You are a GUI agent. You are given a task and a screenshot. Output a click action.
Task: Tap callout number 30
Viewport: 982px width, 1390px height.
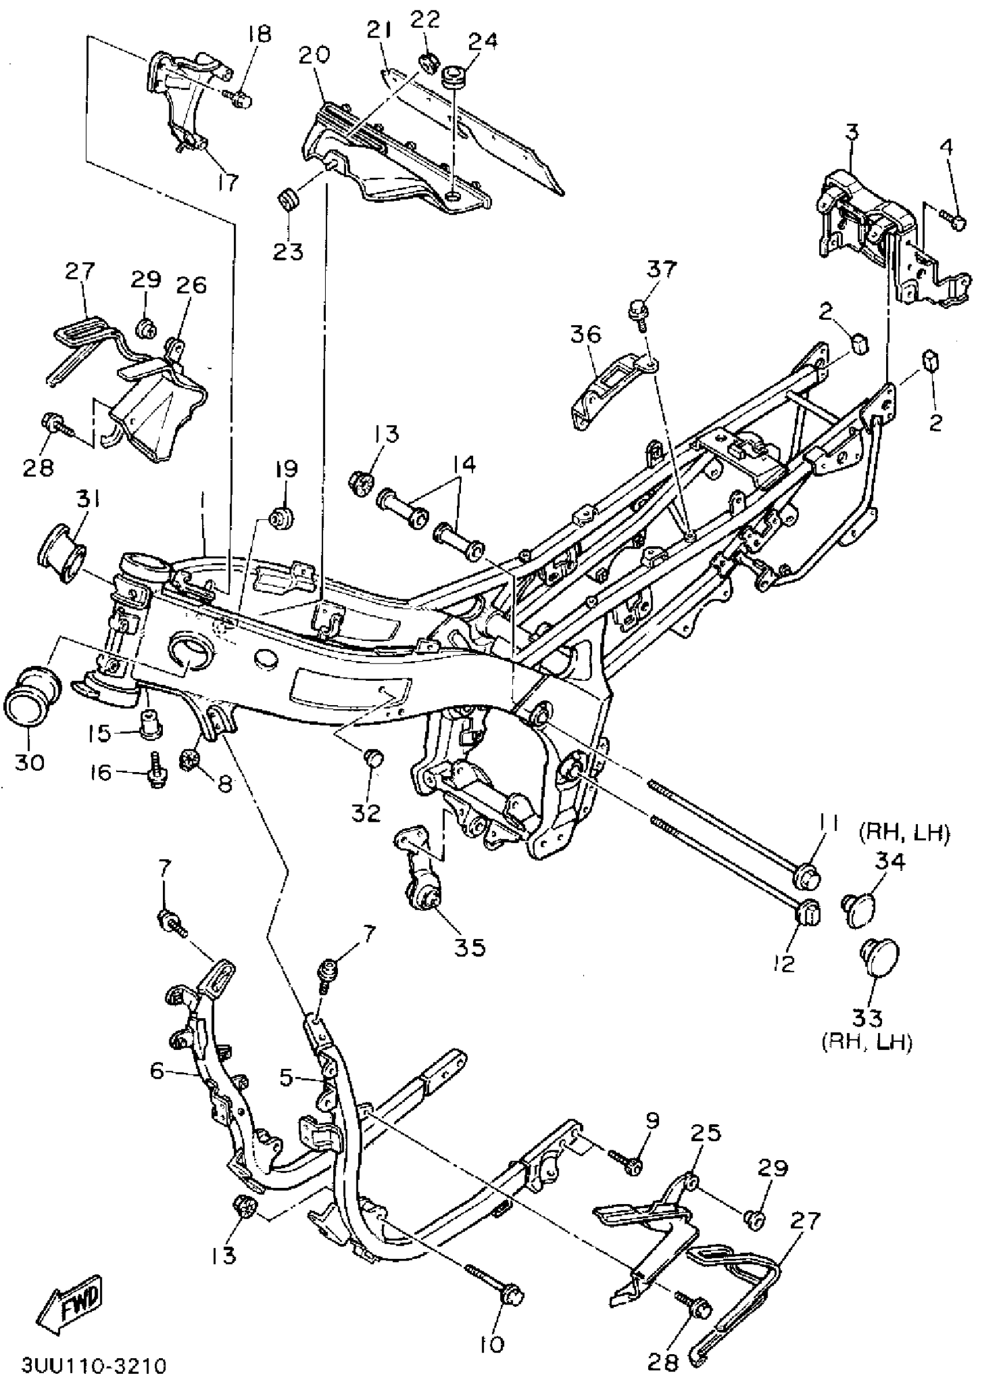pyautogui.click(x=29, y=762)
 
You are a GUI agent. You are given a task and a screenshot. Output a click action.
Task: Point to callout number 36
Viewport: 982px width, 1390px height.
pyautogui.click(x=586, y=334)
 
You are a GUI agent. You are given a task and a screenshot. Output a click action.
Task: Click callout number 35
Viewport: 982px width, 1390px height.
pyautogui.click(x=470, y=948)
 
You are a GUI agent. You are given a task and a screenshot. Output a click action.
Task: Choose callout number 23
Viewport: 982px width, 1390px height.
pyautogui.click(x=288, y=251)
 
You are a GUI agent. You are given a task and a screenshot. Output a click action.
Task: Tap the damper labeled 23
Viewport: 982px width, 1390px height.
pyautogui.click(x=289, y=200)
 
